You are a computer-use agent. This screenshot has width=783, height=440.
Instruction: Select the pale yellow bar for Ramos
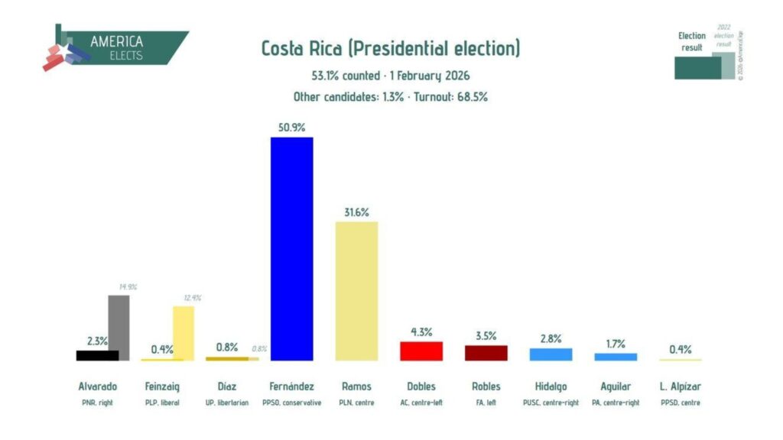point(357,290)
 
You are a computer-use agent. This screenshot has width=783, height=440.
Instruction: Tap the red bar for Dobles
point(421,351)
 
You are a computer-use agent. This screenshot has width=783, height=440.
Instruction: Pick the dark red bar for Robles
point(486,353)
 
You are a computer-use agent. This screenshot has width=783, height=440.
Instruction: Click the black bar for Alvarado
point(97,355)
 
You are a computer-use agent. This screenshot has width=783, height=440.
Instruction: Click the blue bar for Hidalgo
point(551,354)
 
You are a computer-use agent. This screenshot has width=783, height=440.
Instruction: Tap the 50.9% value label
point(292,127)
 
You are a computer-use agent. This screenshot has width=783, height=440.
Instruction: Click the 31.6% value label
point(357,212)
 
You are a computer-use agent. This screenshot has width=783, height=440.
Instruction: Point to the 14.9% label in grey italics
point(127,287)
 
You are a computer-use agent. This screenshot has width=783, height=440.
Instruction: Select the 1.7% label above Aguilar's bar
point(616,343)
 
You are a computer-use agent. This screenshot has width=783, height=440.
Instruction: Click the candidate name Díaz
point(226,387)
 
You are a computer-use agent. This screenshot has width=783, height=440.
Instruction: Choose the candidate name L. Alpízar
point(680,387)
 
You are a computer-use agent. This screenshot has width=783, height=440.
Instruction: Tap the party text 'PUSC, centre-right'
point(551,403)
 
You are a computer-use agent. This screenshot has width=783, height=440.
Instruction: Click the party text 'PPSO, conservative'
point(291,403)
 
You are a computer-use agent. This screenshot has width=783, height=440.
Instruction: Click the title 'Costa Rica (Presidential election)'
point(391,49)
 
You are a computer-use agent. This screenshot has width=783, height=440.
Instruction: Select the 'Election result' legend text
point(692,41)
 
